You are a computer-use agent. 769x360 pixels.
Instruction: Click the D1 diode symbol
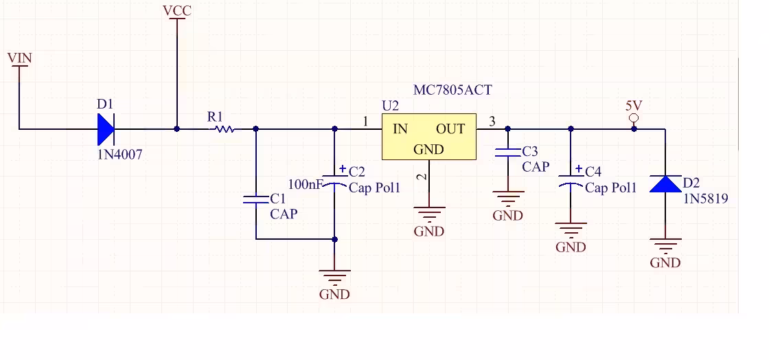[106, 129]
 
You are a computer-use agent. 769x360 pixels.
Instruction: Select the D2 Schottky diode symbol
[665, 184]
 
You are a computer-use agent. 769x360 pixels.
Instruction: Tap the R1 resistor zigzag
[224, 129]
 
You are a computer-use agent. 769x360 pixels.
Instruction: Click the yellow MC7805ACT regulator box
[428, 136]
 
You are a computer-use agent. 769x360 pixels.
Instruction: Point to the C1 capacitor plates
[255, 199]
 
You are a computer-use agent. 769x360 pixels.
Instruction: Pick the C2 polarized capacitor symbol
[334, 179]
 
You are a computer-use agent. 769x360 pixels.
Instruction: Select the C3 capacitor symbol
[507, 152]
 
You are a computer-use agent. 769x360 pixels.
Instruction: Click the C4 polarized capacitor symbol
[571, 180]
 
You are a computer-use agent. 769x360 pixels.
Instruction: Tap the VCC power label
[177, 11]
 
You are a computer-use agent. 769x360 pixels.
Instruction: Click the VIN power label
[20, 58]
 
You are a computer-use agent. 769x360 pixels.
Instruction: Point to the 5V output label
[634, 105]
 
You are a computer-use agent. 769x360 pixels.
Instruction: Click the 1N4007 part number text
[119, 155]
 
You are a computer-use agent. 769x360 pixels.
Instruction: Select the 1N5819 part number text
[707, 199]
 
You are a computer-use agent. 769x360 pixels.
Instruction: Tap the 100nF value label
[305, 184]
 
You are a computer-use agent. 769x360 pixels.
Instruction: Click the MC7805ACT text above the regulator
[452, 90]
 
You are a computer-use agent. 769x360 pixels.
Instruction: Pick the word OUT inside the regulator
[450, 129]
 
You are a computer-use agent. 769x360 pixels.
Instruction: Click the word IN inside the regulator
[400, 129]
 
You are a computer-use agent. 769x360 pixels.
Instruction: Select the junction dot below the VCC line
[177, 129]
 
